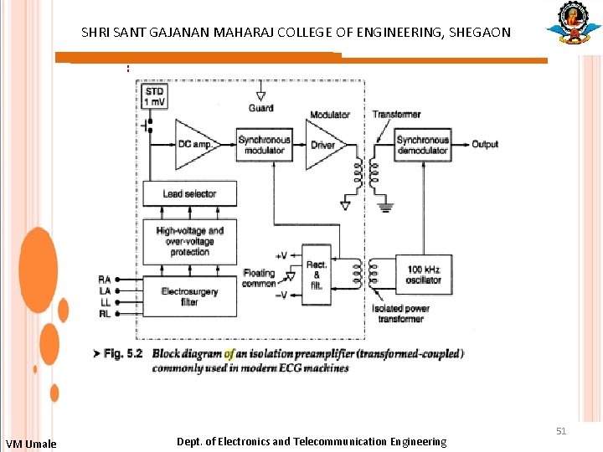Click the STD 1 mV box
[x=155, y=95]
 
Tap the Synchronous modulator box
[x=265, y=145]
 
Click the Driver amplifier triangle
[x=322, y=145]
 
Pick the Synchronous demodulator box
[x=423, y=145]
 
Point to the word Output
[x=485, y=145]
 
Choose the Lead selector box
[x=189, y=194]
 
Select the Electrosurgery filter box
[x=189, y=296]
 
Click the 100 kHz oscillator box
[x=424, y=275]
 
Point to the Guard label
[x=261, y=109]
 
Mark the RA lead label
[x=105, y=280]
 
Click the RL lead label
[x=105, y=313]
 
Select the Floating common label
[x=259, y=278]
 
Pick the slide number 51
[x=561, y=431]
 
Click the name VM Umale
[x=31, y=444]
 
